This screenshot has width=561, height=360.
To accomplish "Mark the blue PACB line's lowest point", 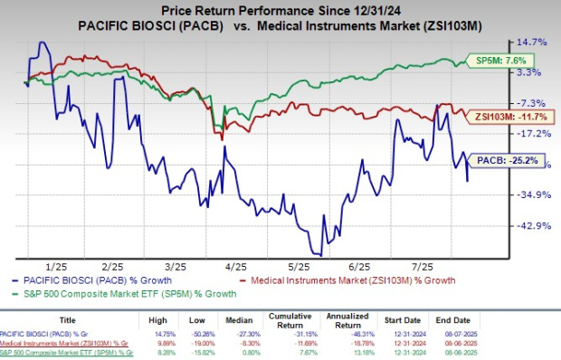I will click(x=316, y=254).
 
